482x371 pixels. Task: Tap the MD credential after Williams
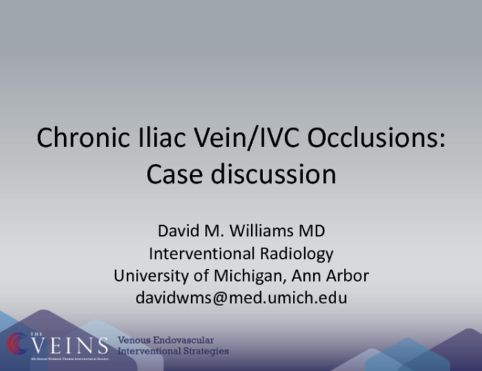312,232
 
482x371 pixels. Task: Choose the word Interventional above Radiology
203,253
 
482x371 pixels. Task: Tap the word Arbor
346,275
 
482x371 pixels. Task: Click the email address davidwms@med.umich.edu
241,298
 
